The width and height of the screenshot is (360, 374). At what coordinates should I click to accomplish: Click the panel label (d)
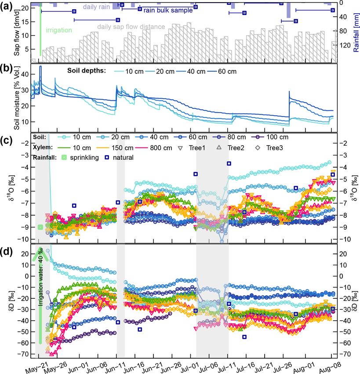(7, 252)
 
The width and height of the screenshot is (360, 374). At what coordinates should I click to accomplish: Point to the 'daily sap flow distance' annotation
(131, 27)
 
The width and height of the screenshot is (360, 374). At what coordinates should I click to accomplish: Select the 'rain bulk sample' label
(168, 10)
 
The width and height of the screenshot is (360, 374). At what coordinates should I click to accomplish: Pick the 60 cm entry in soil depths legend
(225, 71)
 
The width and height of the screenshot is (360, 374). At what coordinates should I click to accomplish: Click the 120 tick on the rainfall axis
(346, 45)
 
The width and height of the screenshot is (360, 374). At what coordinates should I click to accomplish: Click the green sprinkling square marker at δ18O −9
(40, 227)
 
